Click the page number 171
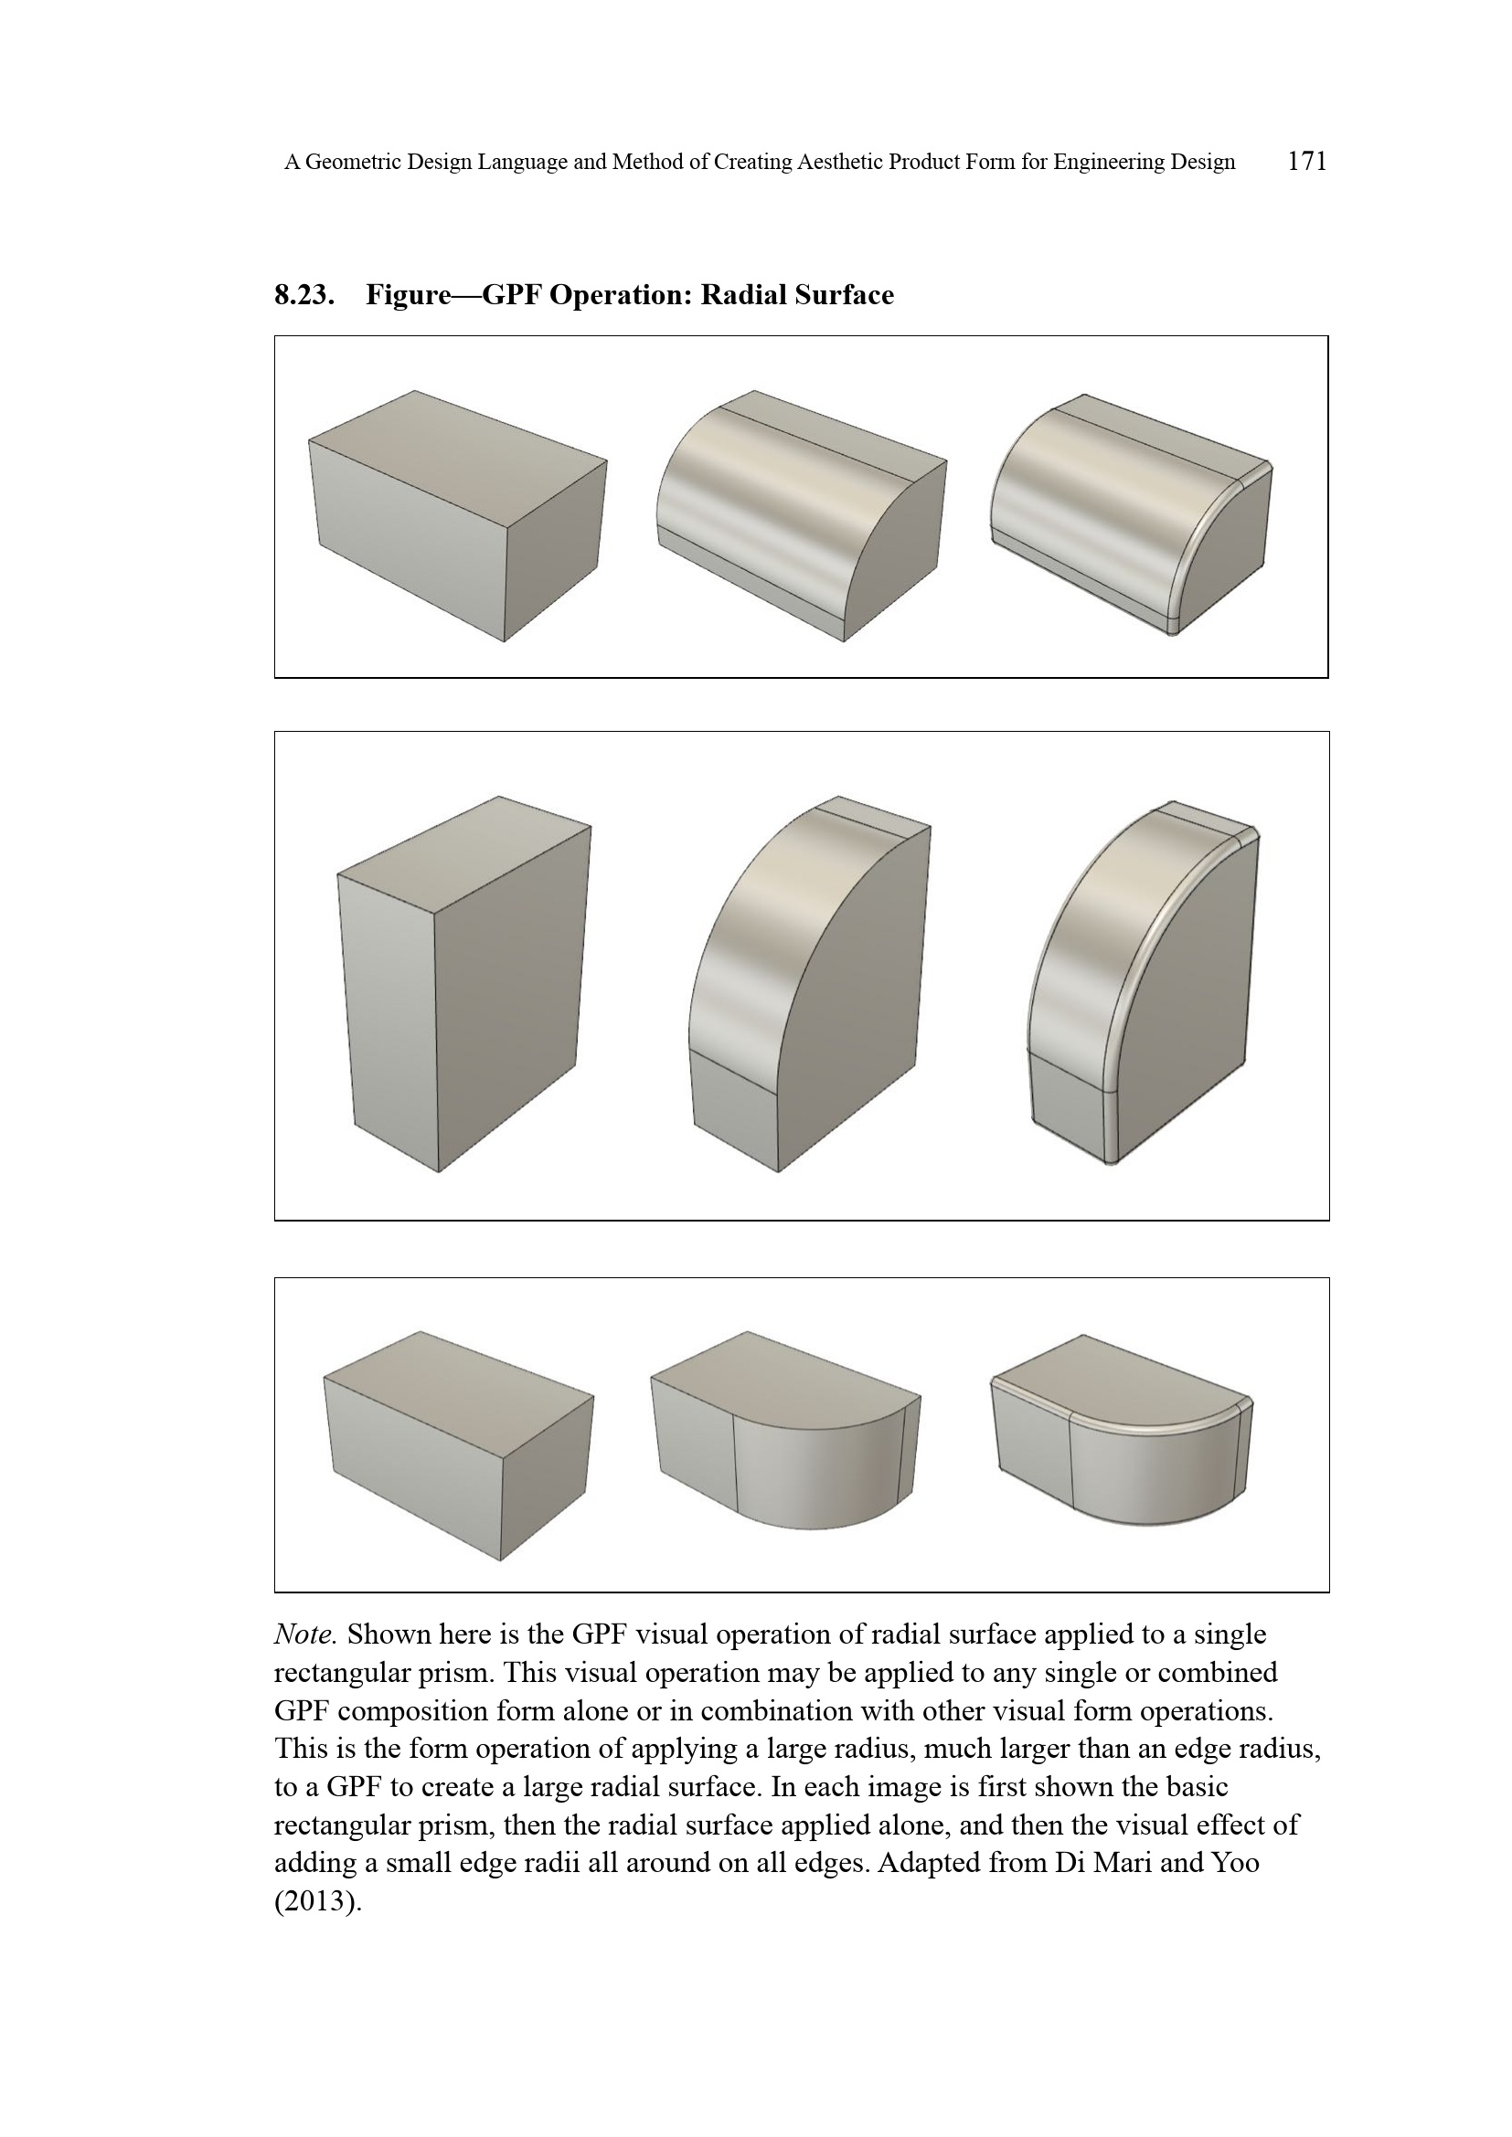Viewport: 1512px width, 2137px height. [x=1306, y=161]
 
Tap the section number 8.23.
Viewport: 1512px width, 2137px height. [x=303, y=295]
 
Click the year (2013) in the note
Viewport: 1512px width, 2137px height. [x=317, y=1901]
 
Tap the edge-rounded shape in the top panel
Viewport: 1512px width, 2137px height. [x=1131, y=516]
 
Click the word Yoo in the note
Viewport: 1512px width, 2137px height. [x=1233, y=1863]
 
